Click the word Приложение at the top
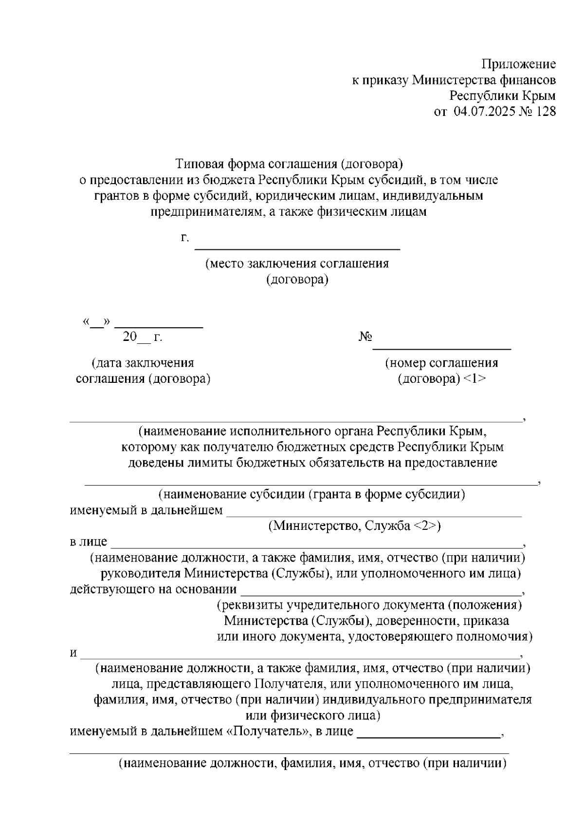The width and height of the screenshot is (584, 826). click(518, 64)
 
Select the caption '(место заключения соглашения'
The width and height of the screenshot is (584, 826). click(297, 264)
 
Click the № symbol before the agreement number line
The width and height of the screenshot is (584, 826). click(365, 337)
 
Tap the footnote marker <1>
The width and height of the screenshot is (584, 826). click(474, 379)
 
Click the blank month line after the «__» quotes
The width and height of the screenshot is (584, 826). click(162, 326)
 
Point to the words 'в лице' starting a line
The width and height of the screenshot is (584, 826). click(88, 542)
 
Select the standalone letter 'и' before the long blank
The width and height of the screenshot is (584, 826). click(73, 653)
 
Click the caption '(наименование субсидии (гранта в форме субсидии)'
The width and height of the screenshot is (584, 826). click(311, 495)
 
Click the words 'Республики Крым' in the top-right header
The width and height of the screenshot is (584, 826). click(502, 95)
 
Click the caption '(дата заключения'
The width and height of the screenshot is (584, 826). click(143, 363)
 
